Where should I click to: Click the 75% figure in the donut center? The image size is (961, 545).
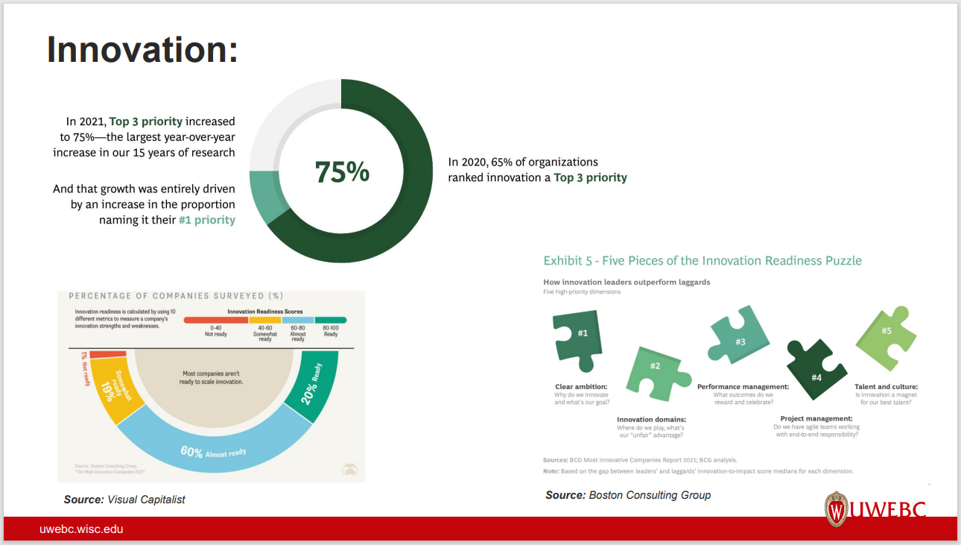[342, 171]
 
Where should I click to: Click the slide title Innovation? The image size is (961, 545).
[142, 49]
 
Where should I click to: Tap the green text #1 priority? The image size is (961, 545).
[206, 220]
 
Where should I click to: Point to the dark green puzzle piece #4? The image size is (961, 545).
[816, 371]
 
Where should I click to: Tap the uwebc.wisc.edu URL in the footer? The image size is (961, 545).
[81, 529]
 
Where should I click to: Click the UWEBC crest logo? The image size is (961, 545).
[837, 509]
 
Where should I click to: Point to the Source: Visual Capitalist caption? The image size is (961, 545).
[124, 500]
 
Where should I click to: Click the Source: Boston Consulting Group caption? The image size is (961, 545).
[627, 495]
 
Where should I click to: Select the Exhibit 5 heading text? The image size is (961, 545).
[702, 260]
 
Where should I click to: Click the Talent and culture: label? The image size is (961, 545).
[886, 387]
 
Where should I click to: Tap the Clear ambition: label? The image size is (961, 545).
[581, 387]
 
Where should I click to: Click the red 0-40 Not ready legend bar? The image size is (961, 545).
[215, 320]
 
